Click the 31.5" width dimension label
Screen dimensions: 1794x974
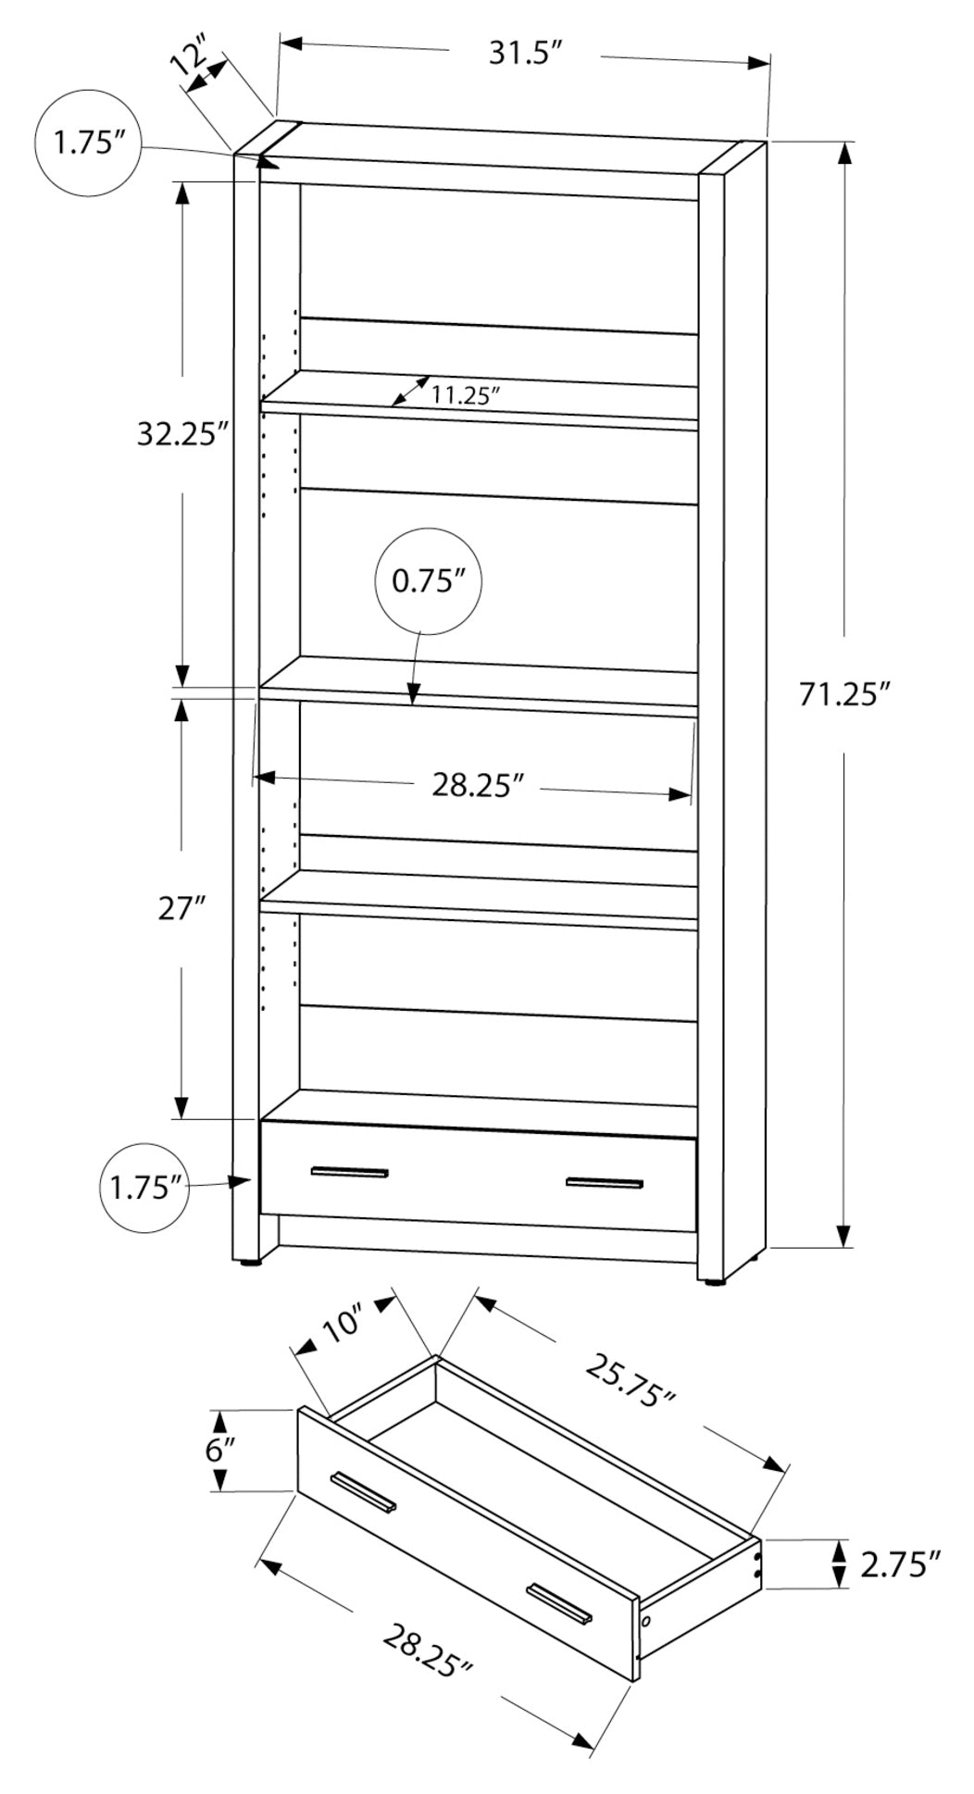(526, 54)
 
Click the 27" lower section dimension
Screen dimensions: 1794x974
(181, 909)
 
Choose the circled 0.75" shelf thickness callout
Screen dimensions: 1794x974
(428, 581)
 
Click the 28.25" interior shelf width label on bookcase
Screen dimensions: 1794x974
(478, 786)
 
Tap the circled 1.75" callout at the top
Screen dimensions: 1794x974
(87, 144)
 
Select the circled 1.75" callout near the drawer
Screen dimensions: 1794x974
(144, 1188)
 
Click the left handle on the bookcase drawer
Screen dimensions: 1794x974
(349, 1173)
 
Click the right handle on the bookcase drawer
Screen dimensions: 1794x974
(604, 1184)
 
